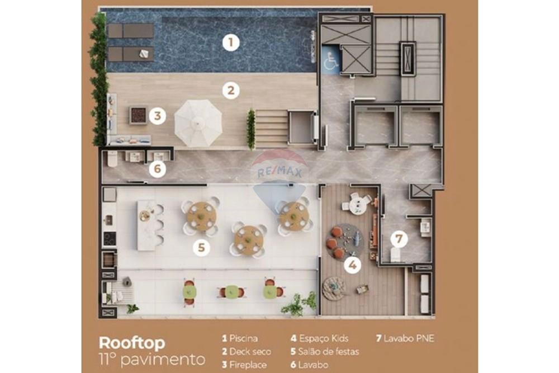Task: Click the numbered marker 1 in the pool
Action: pos(230,43)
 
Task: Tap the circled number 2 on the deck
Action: pos(230,90)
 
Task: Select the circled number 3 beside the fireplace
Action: pos(158,116)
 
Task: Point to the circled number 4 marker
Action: pos(351,265)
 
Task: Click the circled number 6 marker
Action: pos(157,169)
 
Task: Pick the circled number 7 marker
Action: pos(399,239)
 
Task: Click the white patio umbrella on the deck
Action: pos(198,122)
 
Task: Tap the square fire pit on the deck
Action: pos(138,115)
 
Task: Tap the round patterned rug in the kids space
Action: pos(344,241)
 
